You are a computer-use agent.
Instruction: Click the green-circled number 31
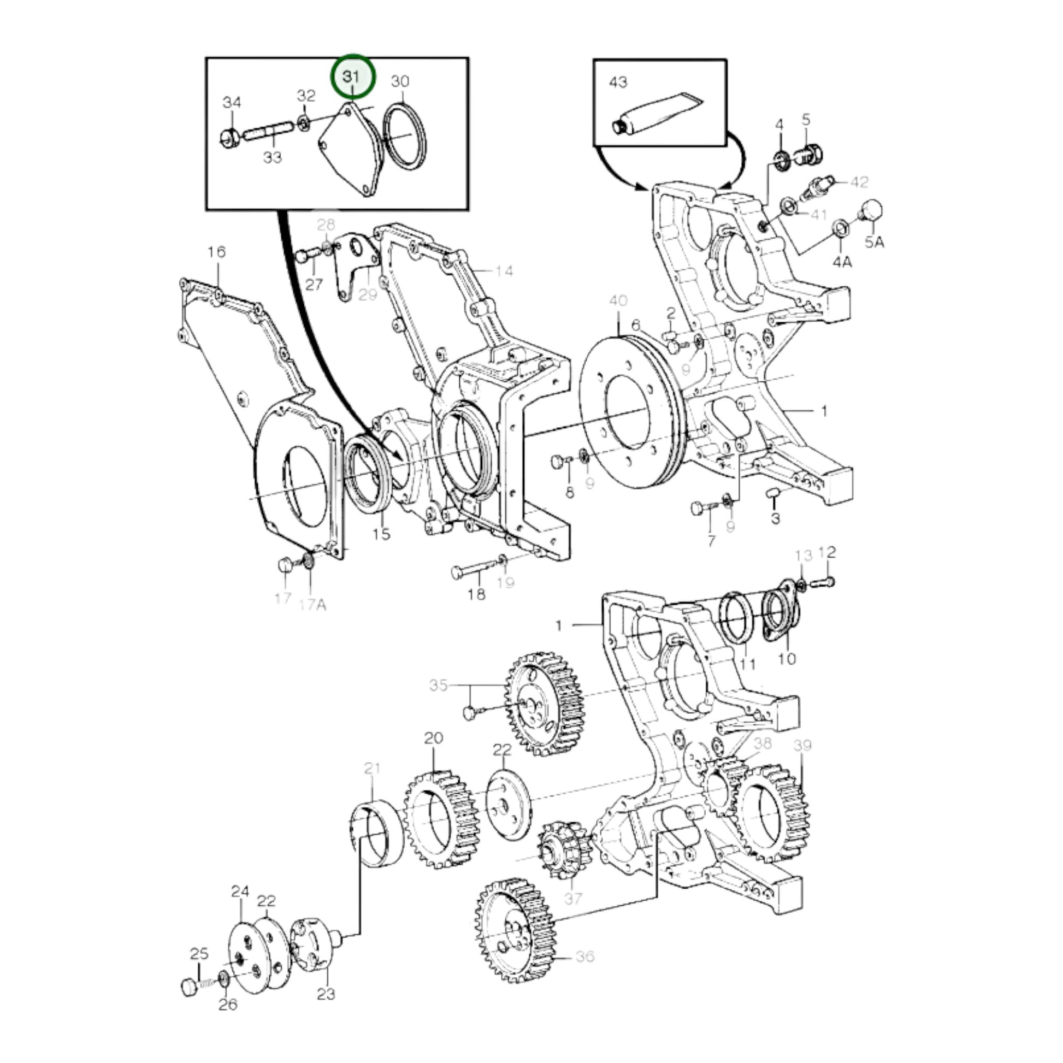point(352,76)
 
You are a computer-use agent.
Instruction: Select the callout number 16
point(217,252)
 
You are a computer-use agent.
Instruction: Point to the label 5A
point(874,241)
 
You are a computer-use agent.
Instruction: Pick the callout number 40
point(618,301)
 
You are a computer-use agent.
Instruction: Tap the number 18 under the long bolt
point(476,594)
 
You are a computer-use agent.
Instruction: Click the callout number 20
point(434,738)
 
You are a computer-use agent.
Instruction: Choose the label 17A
point(312,605)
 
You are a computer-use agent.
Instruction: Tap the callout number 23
point(326,1009)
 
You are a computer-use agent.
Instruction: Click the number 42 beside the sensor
point(859,181)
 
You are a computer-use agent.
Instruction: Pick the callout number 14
point(504,271)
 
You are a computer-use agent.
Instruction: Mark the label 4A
point(842,262)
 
